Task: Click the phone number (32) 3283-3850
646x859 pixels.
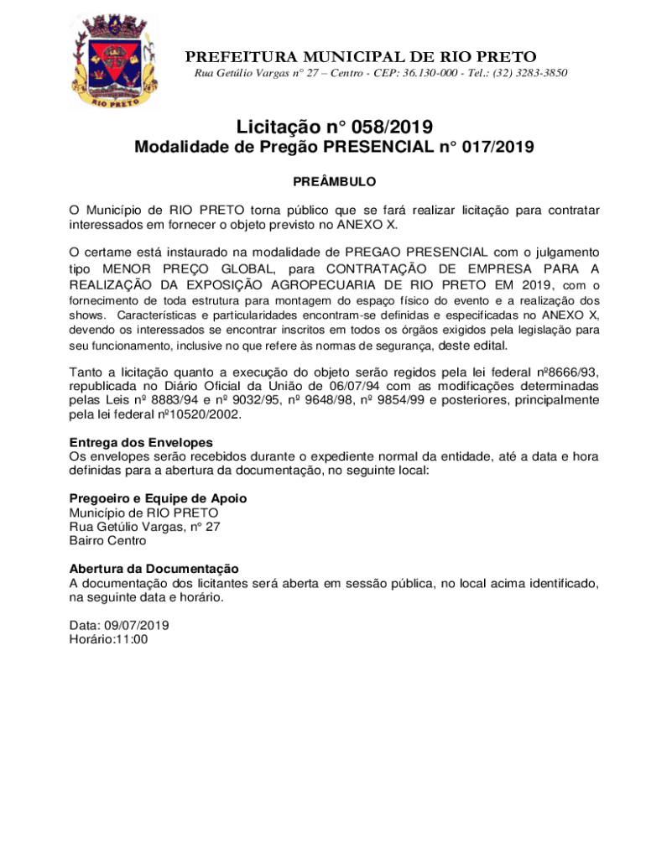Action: pos(528,74)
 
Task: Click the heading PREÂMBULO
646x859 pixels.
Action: pos(334,181)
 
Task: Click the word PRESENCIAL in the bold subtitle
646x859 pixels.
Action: pos(383,148)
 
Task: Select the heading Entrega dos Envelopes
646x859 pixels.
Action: pos(141,442)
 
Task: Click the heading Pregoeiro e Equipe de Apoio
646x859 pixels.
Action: pos(158,498)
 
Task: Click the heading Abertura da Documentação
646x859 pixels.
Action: pos(154,569)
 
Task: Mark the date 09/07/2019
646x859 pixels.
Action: pos(136,625)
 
